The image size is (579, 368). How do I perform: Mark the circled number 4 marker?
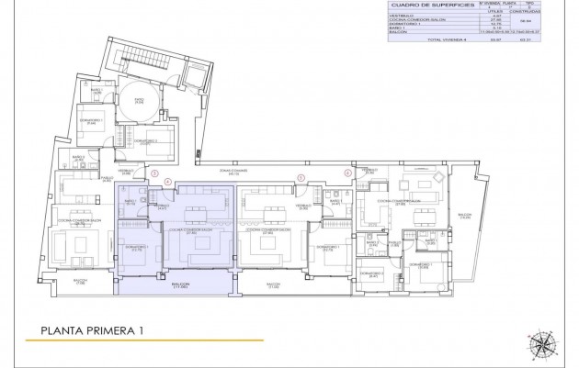[166, 183]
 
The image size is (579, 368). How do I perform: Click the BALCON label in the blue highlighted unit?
[179, 285]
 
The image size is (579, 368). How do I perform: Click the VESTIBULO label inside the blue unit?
[162, 206]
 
